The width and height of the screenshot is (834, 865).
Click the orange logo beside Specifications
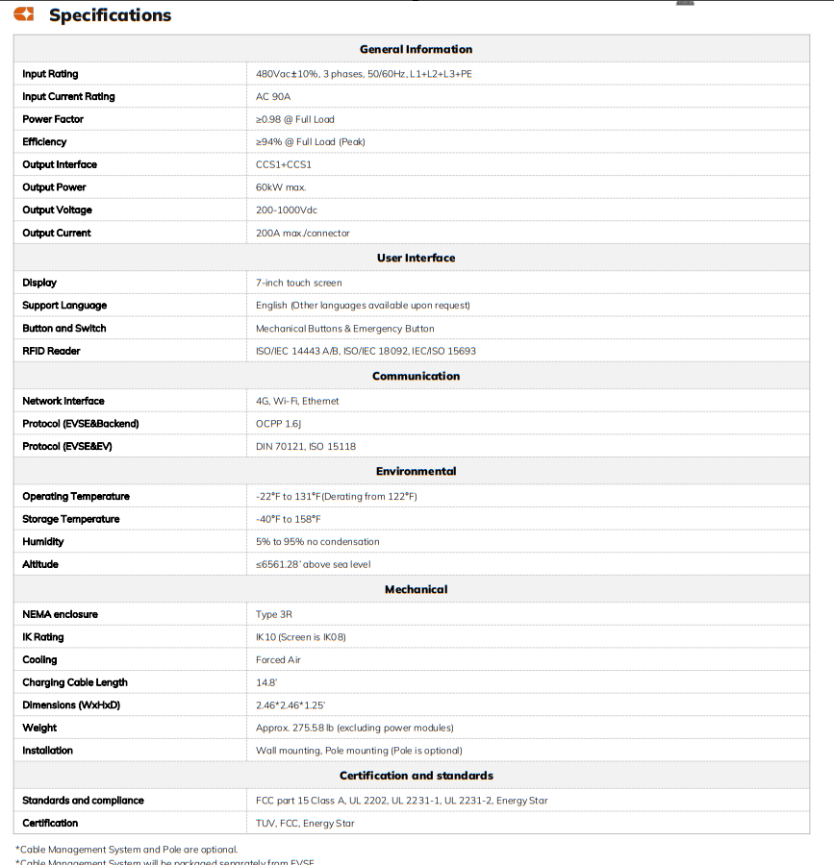click(24, 14)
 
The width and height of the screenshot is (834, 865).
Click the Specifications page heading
click(110, 15)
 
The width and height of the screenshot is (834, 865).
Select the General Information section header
click(416, 49)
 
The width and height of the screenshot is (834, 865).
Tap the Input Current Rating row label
click(68, 96)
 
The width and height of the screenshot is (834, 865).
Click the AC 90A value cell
click(273, 96)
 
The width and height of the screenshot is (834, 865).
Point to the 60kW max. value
click(281, 187)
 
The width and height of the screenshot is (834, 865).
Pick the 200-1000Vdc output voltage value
click(287, 210)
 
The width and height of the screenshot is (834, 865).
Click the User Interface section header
click(416, 258)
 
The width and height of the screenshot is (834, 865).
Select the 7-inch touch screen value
click(298, 283)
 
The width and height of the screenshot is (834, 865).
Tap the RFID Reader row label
click(51, 351)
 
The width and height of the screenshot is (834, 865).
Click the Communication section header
click(416, 376)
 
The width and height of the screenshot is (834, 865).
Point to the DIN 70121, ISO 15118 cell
click(306, 446)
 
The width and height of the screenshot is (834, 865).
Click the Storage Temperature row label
click(71, 519)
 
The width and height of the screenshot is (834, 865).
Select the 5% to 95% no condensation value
click(317, 541)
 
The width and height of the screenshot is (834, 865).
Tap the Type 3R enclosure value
click(274, 614)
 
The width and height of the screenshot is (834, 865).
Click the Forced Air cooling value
click(278, 659)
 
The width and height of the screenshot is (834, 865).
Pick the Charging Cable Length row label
click(75, 682)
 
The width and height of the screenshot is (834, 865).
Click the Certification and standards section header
click(416, 776)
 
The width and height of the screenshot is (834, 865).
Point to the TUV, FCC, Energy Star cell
click(305, 823)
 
